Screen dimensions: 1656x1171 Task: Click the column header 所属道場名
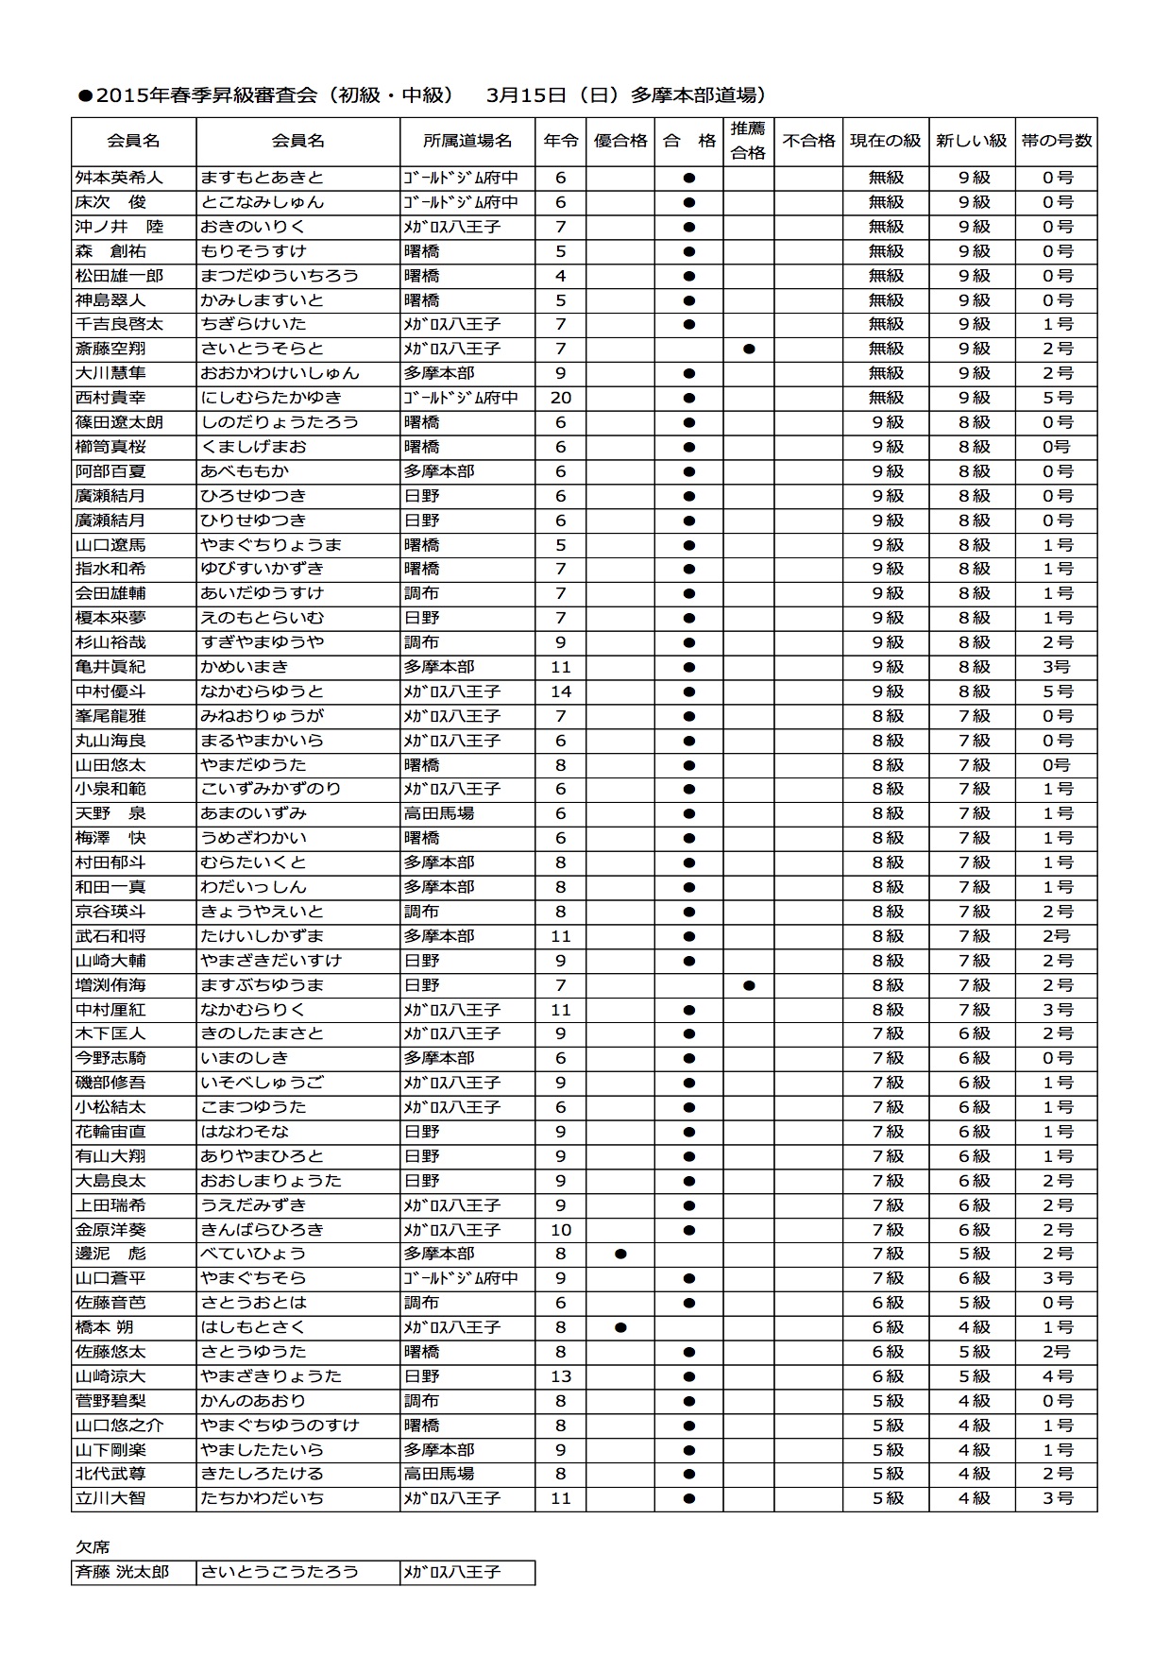[467, 141]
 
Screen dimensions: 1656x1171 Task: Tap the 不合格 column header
[809, 141]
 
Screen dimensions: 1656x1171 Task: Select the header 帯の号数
[1057, 141]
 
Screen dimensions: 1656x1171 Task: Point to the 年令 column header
[561, 141]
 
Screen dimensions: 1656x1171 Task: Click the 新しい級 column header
[972, 141]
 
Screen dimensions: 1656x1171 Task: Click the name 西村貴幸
[110, 398]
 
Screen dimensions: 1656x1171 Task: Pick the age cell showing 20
[561, 398]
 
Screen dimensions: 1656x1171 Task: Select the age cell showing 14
[561, 691]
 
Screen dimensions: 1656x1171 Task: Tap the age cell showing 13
[561, 1376]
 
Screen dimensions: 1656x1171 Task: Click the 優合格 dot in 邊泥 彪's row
[620, 1255]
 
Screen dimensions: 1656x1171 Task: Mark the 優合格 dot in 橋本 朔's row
[620, 1327]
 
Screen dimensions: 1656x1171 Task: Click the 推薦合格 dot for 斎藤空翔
[749, 349]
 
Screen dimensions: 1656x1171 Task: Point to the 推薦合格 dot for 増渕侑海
[749, 985]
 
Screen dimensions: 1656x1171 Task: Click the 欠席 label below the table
[93, 1547]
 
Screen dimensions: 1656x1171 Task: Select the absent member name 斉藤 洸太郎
[123, 1572]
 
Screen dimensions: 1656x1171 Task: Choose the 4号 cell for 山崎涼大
[1058, 1376]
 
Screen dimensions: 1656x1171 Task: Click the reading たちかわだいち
[263, 1498]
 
